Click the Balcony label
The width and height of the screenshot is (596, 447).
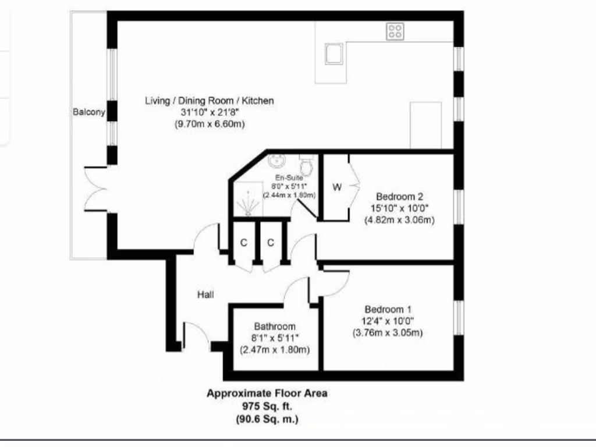(89, 112)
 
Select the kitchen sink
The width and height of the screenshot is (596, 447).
(334, 54)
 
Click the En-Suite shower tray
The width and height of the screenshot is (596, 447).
(249, 198)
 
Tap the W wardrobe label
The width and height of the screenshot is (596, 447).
(337, 187)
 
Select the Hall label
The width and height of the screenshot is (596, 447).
(204, 295)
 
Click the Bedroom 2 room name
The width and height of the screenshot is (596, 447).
(399, 197)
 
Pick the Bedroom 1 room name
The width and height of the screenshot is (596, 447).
(388, 310)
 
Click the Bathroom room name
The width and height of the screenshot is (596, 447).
(275, 327)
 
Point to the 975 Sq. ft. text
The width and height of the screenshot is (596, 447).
(267, 406)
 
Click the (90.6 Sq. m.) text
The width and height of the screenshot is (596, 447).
(267, 418)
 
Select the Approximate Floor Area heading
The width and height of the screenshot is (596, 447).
(267, 393)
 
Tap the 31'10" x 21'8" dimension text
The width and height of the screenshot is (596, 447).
(209, 112)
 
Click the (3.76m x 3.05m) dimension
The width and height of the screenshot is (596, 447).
(388, 333)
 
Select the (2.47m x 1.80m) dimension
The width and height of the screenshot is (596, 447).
(275, 350)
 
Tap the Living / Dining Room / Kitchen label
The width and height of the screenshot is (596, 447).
(209, 101)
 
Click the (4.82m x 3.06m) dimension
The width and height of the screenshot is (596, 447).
(399, 220)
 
